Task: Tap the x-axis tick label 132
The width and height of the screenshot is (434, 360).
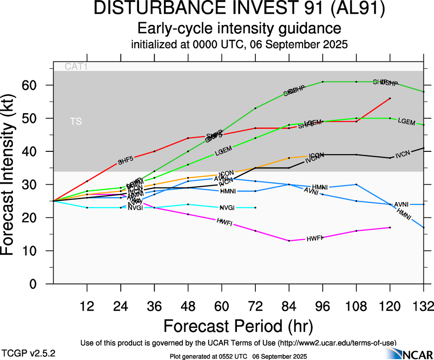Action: click(x=423, y=306)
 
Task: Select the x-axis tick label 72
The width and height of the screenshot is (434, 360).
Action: click(x=255, y=306)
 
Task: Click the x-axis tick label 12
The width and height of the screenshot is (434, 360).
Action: click(x=87, y=306)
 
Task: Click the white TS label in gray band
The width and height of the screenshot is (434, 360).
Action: click(x=76, y=121)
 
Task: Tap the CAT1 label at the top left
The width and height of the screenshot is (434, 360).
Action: click(x=76, y=66)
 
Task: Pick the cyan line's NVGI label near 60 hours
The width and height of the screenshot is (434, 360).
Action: click(x=227, y=208)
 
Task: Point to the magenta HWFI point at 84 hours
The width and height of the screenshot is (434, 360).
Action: click(x=289, y=240)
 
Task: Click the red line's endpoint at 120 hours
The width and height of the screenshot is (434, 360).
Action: click(x=390, y=98)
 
